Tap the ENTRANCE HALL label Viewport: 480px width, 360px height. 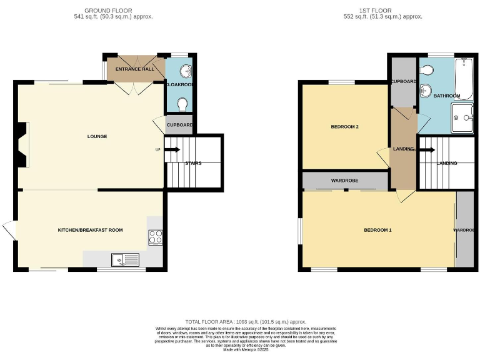coord(134,69)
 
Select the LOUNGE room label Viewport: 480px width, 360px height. coord(97,136)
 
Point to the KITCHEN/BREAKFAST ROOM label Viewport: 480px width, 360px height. coord(90,230)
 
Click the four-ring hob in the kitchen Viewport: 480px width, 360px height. coord(155,237)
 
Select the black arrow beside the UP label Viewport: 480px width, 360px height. coord(172,149)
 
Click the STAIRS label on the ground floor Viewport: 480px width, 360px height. coord(192,163)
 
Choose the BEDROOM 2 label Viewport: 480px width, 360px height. coord(344,127)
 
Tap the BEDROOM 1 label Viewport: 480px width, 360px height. coord(377,230)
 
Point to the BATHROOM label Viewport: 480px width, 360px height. coord(447,96)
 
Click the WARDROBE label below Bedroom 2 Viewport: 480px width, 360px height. coord(344,181)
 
